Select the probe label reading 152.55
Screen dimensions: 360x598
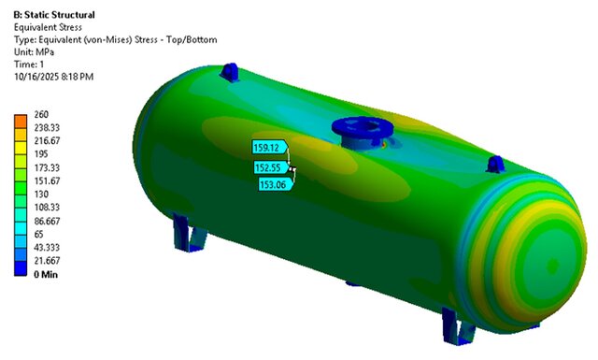point(269,167)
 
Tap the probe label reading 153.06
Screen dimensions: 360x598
point(275,184)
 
